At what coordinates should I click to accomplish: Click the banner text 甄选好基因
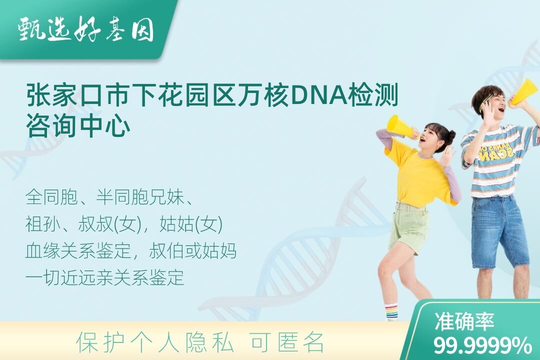click(x=86, y=29)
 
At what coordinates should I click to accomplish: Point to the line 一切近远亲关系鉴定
click(x=104, y=277)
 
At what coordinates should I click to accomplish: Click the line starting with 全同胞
click(x=109, y=197)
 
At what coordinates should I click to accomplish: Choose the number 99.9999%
click(x=482, y=345)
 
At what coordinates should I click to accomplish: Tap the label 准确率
click(x=464, y=321)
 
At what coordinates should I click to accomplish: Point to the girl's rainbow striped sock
click(x=391, y=311)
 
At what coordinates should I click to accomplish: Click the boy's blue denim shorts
click(x=499, y=231)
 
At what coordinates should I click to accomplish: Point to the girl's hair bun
click(x=450, y=134)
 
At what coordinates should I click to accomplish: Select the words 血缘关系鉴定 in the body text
click(x=78, y=251)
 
